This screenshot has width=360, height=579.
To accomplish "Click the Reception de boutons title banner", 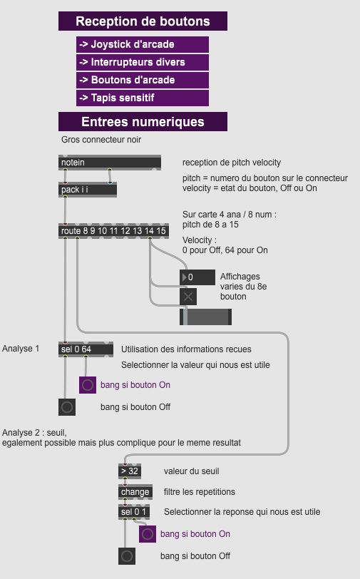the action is coord(143,21).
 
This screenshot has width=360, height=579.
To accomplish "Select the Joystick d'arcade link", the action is coord(143,44).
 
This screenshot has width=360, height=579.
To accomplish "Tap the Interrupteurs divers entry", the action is coord(143,62).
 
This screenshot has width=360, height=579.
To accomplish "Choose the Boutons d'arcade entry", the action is coord(143,80).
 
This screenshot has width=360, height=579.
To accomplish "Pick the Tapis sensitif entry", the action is coord(143,98).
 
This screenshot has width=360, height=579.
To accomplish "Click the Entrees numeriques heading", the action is coord(143,121).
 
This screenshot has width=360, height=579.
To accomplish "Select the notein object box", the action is coord(110,163).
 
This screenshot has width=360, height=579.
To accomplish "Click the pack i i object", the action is coord(88,190).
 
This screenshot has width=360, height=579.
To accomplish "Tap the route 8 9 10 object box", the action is coord(114,231).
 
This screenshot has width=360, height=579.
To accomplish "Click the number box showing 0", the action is coord(197,277).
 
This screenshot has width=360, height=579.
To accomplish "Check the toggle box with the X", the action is coord(188,297).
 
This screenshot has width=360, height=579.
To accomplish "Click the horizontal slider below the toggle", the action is coord(205,317).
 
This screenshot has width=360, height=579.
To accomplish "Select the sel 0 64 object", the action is coord(86,349).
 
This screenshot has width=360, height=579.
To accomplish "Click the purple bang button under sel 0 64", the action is coord(88,385).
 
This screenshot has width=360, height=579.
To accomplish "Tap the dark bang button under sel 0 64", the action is coord(67,407).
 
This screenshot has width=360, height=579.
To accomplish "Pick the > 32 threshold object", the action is coord(130,471).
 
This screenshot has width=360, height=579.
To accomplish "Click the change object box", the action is coord(135,492).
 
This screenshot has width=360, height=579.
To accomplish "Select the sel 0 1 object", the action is coord(134,512).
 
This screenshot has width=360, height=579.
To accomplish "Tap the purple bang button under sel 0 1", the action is coord(148,534).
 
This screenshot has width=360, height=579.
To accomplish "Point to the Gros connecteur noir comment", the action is coord(101,140).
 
